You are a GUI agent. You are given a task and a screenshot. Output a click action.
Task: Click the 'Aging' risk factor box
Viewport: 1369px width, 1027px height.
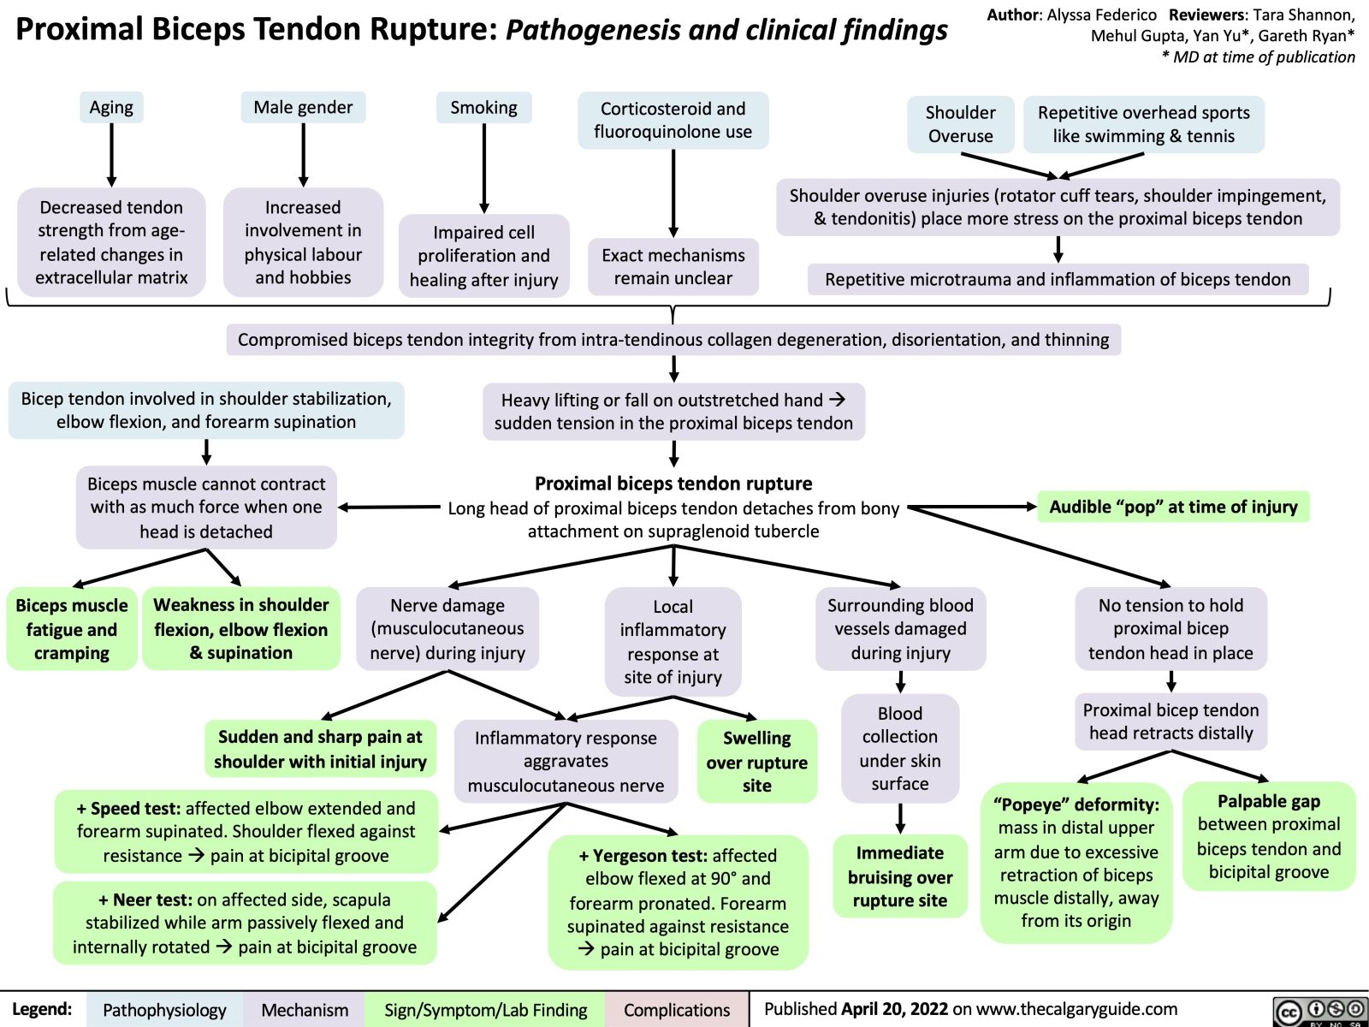111,108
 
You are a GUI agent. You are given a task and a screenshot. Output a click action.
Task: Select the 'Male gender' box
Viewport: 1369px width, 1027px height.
303,107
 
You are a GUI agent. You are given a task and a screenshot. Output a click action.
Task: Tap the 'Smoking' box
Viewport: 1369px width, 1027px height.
483,108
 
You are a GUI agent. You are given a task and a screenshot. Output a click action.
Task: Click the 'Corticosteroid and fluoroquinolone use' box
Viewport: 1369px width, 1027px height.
673,121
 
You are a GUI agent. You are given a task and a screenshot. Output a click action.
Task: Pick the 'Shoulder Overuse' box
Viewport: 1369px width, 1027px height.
960,124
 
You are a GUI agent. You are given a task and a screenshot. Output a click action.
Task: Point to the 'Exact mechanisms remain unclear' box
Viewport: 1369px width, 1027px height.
673,266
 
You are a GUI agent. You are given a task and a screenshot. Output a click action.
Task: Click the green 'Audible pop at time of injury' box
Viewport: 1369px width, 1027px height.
1173,507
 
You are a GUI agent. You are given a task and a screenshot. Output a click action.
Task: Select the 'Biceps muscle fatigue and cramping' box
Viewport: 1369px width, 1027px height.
71,629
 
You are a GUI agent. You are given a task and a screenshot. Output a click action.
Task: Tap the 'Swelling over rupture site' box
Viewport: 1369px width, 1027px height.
756,762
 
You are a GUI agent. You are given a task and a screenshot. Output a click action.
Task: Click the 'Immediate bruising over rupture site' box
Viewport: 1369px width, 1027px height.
899,876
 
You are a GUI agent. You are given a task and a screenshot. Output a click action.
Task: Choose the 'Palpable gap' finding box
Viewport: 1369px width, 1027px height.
1269,836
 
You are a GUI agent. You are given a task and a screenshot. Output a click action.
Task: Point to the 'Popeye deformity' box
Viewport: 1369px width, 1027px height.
1076,862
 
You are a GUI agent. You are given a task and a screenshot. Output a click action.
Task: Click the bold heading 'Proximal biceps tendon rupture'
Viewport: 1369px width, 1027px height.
673,484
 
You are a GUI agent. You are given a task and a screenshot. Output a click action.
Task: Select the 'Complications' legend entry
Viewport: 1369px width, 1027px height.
677,1010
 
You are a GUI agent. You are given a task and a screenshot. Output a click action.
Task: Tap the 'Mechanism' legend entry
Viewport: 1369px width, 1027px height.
305,1010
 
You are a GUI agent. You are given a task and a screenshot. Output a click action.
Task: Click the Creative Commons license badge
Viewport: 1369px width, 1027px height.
1319,1011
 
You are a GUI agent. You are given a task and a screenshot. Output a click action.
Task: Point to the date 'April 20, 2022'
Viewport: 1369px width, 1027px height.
895,1009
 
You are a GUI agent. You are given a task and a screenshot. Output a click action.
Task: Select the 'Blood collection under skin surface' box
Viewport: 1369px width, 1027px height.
899,749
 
